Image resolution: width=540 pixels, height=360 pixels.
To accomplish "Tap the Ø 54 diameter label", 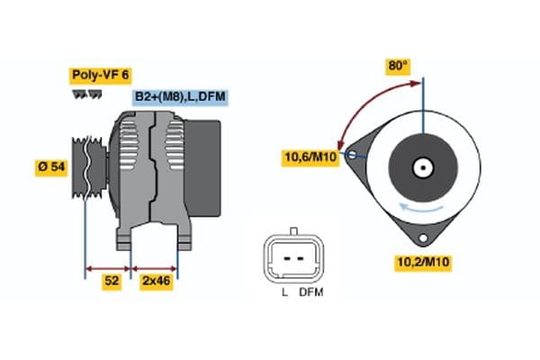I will tap(51, 167).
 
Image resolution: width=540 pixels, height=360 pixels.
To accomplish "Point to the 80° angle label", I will tap(398, 66).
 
